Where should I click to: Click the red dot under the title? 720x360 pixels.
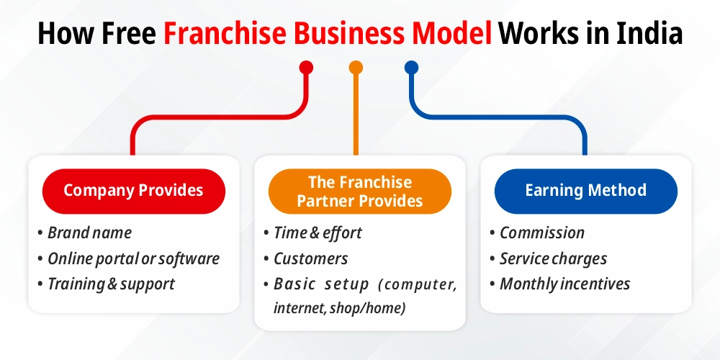coord(306,68)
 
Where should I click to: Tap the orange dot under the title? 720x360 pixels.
coord(356,68)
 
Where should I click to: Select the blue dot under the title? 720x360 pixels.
coord(411,68)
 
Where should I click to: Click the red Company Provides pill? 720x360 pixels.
coord(133,191)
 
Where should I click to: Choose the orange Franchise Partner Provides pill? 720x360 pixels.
coord(360,192)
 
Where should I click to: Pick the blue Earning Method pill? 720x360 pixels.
coord(585,191)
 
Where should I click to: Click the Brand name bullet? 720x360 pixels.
coord(89,233)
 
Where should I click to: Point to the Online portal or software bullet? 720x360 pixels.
coord(133,258)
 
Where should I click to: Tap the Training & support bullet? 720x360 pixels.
coord(111,284)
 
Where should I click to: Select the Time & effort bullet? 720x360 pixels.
coord(318,233)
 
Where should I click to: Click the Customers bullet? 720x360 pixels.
coord(310,258)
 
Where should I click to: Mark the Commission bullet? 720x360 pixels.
coord(541,233)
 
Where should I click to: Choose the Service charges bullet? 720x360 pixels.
coord(553,258)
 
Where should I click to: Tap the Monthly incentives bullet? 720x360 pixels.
coord(564,284)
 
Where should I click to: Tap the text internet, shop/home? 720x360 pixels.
coord(339,309)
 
